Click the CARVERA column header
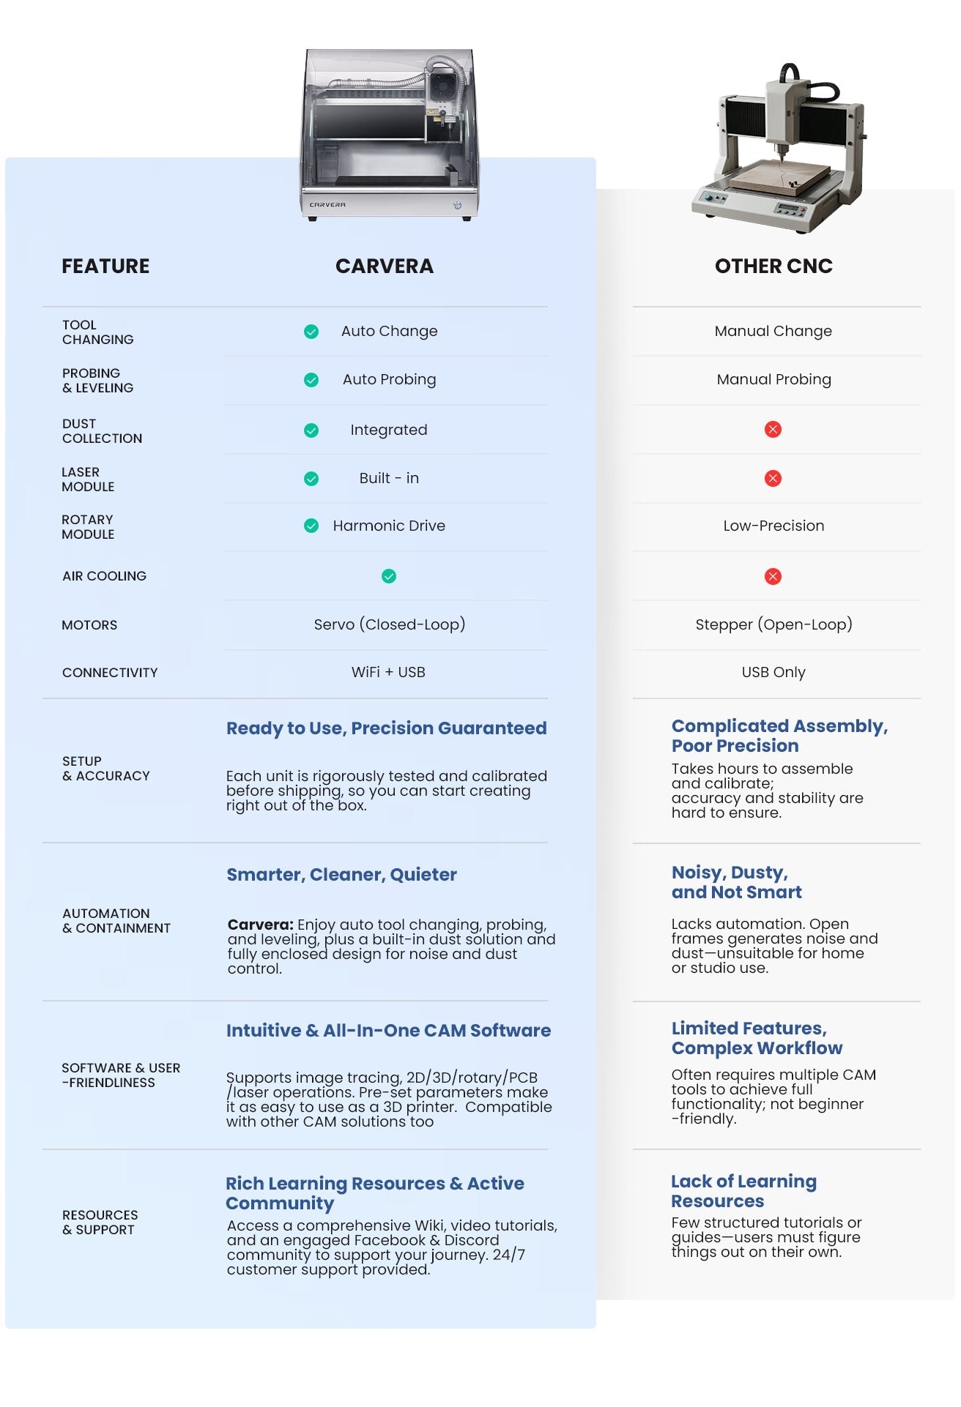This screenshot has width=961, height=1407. click(x=384, y=266)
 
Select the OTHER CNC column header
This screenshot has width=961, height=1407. click(x=773, y=266)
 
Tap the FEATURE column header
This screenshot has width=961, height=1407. click(x=105, y=266)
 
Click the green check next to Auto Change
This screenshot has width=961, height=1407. click(x=311, y=332)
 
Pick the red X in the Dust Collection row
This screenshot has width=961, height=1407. click(x=773, y=430)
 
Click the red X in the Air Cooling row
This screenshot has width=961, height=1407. click(x=773, y=576)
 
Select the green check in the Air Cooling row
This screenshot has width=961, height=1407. click(x=389, y=576)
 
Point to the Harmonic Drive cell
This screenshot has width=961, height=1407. click(x=389, y=526)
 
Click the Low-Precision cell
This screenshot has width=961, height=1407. click(x=773, y=526)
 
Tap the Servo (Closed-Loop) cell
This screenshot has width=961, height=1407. click(x=389, y=624)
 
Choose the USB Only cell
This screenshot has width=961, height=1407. click(x=773, y=672)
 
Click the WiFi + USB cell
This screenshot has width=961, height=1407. click(x=388, y=672)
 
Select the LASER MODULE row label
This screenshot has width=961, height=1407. click(x=88, y=479)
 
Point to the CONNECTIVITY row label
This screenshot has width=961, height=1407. click(x=110, y=673)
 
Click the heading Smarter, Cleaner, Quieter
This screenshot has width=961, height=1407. click(x=341, y=874)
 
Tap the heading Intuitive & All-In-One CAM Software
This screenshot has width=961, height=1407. click(x=388, y=1030)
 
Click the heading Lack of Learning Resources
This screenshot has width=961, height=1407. click(x=743, y=1191)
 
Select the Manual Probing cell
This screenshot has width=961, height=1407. click(x=773, y=379)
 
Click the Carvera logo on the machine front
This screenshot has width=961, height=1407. click(x=327, y=205)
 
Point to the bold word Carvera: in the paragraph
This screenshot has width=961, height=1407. click(x=260, y=925)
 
